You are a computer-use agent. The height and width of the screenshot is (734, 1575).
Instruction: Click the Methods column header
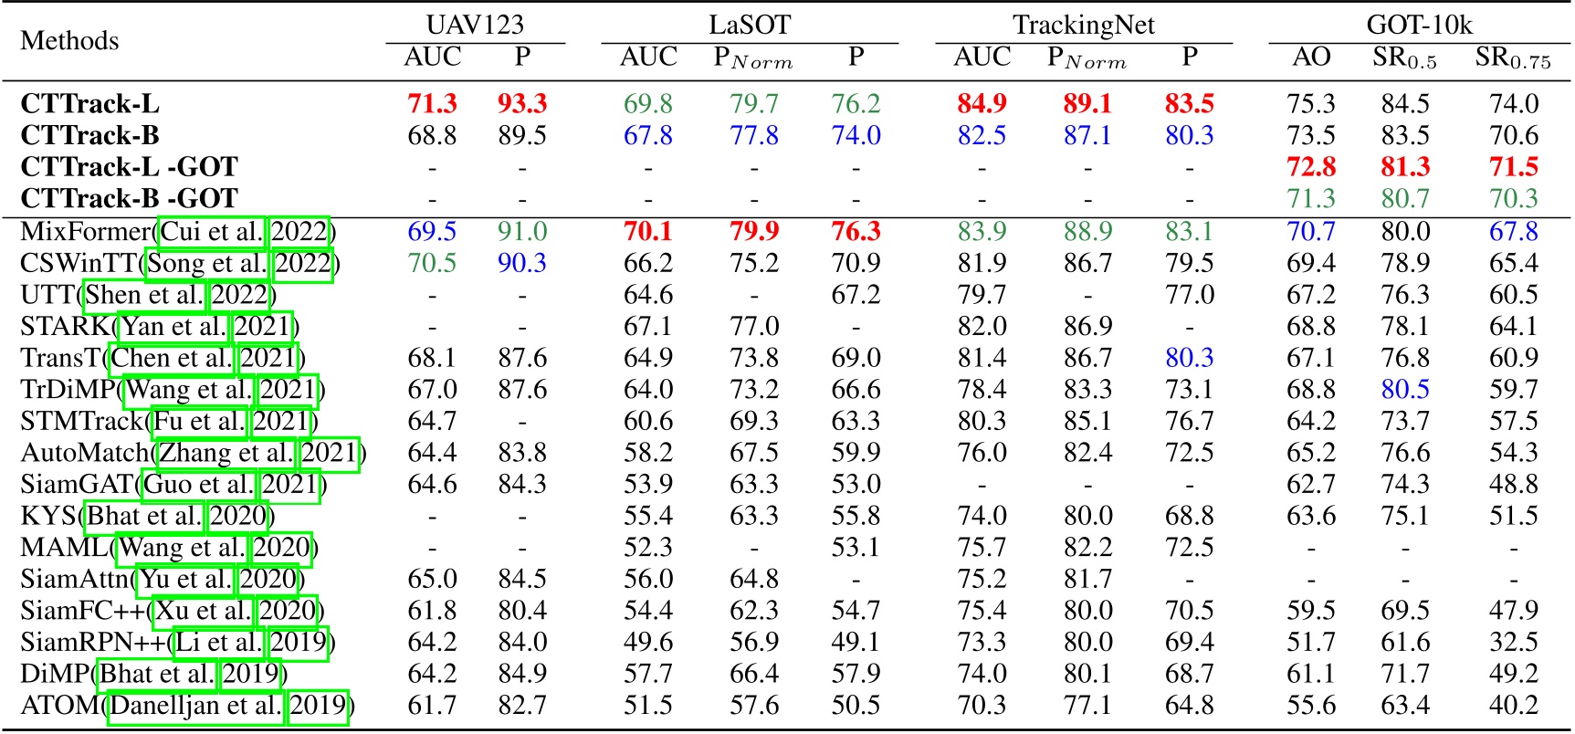click(69, 41)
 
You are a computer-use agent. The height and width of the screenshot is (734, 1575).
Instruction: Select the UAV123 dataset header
click(475, 25)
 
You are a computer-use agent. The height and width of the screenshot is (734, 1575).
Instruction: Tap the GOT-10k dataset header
click(1419, 25)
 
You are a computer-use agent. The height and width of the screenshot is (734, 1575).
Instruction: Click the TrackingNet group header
click(1084, 25)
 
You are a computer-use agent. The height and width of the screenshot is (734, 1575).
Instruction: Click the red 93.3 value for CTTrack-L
click(522, 104)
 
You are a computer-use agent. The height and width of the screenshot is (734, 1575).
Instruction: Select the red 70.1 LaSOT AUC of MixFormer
click(647, 231)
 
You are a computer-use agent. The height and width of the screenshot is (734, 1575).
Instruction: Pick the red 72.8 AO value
click(1311, 167)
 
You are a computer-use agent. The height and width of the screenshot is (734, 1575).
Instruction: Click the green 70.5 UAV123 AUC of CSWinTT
click(432, 263)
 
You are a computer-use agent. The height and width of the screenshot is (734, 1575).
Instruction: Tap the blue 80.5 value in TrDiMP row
click(1404, 390)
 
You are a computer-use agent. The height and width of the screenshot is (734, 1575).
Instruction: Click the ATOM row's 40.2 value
click(1513, 706)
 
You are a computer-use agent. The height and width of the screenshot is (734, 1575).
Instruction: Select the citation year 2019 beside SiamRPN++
click(298, 643)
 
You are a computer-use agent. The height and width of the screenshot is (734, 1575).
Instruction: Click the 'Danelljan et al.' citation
click(194, 706)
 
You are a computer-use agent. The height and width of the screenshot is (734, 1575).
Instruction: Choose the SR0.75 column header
click(1513, 58)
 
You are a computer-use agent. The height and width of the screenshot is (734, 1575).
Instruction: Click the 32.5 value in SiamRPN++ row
click(1513, 643)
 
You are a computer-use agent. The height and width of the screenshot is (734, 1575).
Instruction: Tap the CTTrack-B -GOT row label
click(129, 199)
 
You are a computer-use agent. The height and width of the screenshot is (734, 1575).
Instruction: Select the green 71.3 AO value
click(1311, 199)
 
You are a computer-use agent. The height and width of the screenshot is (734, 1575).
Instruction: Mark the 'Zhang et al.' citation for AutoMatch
click(226, 453)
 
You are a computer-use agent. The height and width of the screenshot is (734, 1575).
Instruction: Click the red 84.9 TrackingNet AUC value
click(982, 104)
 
